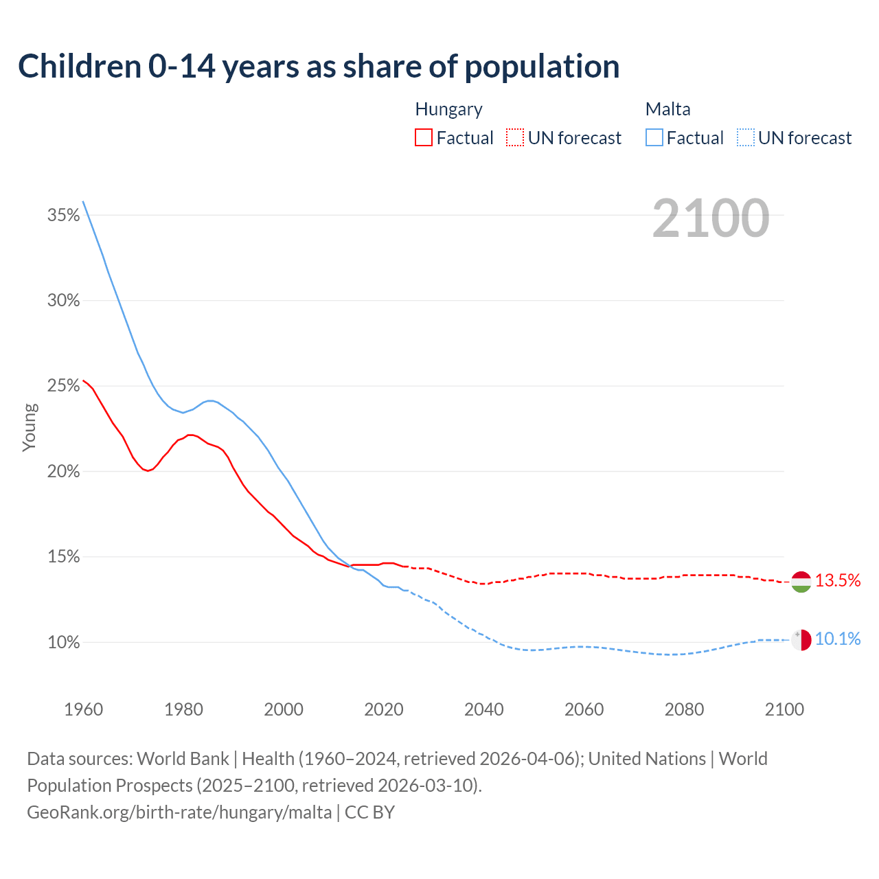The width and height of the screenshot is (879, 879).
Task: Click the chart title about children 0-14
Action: tap(319, 67)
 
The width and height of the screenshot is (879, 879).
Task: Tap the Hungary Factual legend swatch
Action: tap(424, 138)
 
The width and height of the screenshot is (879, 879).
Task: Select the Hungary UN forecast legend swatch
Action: tap(515, 138)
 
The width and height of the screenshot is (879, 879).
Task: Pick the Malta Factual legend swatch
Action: tap(654, 138)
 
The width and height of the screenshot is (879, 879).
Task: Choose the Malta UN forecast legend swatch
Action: tap(746, 138)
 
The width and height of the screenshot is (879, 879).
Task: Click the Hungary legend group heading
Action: tap(448, 109)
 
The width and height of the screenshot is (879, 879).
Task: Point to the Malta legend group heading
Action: tap(667, 109)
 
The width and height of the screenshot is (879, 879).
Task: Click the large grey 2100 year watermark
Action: tap(711, 218)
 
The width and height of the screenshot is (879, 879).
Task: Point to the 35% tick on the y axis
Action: tap(63, 216)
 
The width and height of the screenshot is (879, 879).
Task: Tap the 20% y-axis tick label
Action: tap(63, 472)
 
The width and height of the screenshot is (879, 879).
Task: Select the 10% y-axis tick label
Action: tap(63, 643)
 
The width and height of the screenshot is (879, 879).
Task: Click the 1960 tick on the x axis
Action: tap(83, 709)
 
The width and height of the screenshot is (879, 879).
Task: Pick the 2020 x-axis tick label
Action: tap(384, 709)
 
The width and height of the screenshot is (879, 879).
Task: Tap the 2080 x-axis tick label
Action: tap(684, 709)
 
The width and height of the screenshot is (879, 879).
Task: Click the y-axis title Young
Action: tap(30, 427)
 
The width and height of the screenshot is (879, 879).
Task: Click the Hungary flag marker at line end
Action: tap(801, 582)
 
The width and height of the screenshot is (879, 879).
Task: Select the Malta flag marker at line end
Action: tap(801, 640)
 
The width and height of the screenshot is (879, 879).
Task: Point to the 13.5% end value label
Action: tap(838, 581)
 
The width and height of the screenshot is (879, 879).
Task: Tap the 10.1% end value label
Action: tap(838, 639)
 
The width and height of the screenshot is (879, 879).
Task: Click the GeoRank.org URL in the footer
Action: tap(179, 812)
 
